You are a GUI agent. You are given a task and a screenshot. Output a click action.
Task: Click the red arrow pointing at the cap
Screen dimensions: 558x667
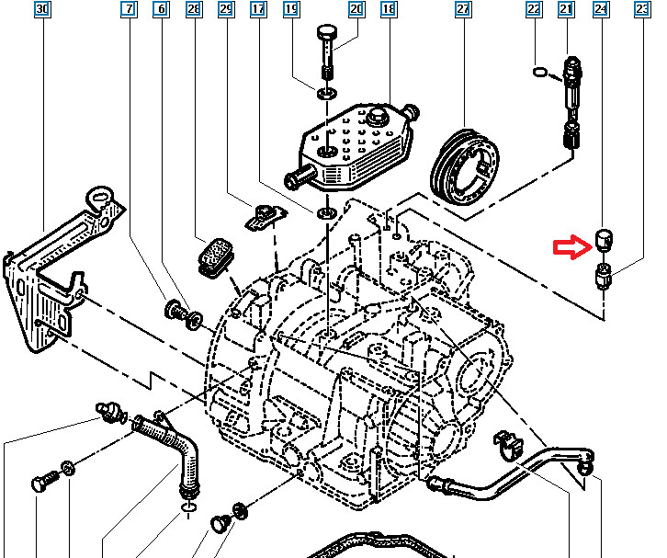569,247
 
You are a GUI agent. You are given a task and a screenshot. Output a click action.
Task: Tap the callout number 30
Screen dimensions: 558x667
41,10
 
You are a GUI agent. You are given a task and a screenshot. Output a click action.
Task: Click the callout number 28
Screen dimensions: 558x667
192,10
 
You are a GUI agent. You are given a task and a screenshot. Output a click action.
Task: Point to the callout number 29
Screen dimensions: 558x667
225,10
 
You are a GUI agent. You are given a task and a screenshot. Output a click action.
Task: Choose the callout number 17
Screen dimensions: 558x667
258,10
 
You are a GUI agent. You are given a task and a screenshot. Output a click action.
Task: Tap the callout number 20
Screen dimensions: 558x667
356,10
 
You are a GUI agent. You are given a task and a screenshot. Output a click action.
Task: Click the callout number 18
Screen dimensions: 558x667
388,10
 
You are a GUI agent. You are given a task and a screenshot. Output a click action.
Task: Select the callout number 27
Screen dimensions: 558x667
462,10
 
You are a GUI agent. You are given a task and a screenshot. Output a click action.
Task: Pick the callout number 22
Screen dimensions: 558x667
534,10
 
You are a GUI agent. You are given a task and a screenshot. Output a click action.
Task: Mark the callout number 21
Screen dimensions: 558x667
566,10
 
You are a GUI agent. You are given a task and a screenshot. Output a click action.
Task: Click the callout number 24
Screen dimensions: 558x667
601,10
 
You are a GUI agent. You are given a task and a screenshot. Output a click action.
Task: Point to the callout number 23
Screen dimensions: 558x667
640,10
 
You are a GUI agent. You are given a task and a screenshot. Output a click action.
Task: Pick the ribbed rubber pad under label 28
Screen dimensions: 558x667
216,255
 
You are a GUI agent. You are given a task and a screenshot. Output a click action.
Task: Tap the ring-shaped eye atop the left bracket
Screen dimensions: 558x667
100,196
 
